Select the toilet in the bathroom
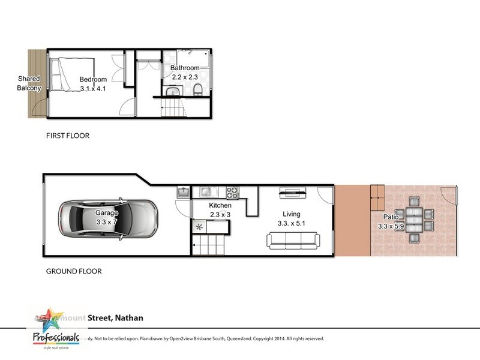197,90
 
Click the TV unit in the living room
292,193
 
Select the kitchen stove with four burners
232,193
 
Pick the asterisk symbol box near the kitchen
198,227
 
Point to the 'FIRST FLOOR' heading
68,136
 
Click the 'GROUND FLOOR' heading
74,271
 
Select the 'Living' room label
292,214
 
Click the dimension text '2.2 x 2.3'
185,77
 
